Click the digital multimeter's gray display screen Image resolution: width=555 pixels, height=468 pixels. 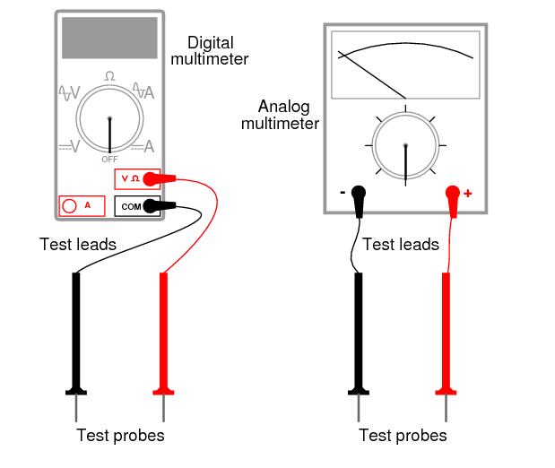(109, 37)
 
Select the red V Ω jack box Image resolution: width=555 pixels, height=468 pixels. (136, 178)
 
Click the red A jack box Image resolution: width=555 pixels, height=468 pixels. (80, 205)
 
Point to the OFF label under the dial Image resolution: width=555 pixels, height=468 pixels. (109, 159)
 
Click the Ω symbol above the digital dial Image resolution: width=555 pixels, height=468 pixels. (109, 77)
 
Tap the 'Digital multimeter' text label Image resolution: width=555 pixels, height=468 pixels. (217, 51)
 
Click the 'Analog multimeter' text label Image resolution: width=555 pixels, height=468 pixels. (280, 114)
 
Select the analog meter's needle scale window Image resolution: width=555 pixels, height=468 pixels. (405, 64)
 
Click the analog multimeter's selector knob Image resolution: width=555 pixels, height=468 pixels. (405, 145)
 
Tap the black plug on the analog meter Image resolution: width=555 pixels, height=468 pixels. (359, 194)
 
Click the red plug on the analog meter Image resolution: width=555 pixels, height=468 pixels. (452, 194)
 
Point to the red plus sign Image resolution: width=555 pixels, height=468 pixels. (468, 193)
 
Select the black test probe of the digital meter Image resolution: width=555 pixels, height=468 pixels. (76, 332)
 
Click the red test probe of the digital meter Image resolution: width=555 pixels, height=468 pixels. (163, 332)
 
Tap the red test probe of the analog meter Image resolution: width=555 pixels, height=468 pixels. (446, 332)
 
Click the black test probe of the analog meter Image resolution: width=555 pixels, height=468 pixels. (359, 332)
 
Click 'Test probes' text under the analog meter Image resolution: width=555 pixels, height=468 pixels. (403, 437)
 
